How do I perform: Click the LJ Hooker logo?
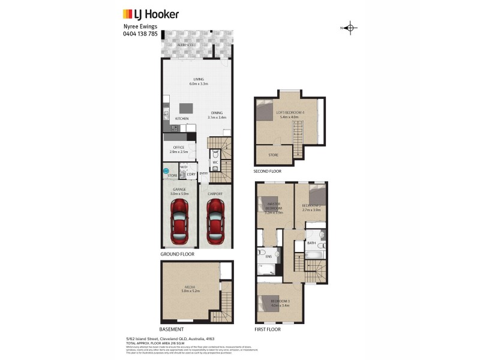[151, 14]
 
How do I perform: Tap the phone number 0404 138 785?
[140, 34]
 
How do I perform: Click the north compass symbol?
[352, 28]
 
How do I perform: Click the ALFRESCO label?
[184, 45]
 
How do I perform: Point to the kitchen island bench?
[186, 108]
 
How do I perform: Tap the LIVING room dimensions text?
[199, 84]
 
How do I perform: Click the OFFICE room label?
[178, 148]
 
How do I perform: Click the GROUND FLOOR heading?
[177, 254]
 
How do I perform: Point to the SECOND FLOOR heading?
[268, 172]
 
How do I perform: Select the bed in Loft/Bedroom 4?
[265, 112]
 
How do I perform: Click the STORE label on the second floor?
[274, 155]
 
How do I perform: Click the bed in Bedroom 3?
[266, 304]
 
